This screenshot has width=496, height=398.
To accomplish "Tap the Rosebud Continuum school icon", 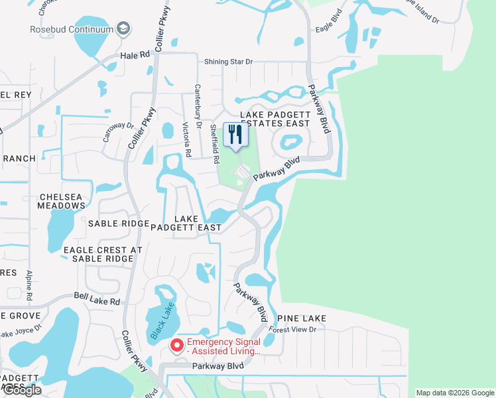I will pyautogui.click(x=123, y=29).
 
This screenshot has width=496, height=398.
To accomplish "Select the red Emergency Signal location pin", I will pyautogui.click(x=176, y=345).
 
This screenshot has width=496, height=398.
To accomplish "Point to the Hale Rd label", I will pyautogui.click(x=136, y=55).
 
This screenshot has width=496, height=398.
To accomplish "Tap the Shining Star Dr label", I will pyautogui.click(x=228, y=61).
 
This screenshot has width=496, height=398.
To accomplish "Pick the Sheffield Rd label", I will pyautogui.click(x=214, y=143).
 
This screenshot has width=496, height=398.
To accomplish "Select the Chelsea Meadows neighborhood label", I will pyautogui.click(x=62, y=201).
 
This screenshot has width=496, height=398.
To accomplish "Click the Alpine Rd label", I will pyautogui.click(x=30, y=283).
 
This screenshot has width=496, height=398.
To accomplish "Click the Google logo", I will pyautogui.click(x=22, y=390).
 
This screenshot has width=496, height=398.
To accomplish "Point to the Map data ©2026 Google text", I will pyautogui.click(x=455, y=393).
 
